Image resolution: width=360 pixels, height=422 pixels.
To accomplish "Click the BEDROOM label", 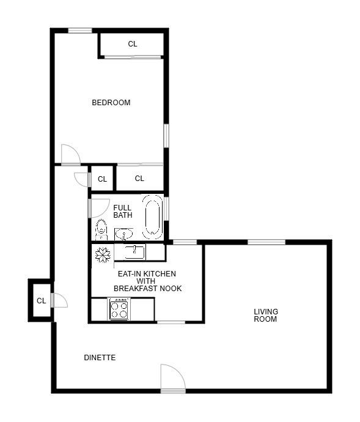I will click(x=111, y=102).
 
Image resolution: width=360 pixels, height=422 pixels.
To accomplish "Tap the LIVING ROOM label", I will click(x=265, y=315).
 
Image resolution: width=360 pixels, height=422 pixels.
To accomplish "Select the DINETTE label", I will click(x=100, y=357).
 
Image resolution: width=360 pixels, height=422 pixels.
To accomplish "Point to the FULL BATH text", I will click(x=122, y=212).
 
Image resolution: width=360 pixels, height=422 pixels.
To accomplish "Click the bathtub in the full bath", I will click(x=152, y=217).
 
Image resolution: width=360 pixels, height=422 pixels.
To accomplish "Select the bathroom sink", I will click(x=123, y=234).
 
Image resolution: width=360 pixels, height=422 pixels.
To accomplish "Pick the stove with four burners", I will click(x=119, y=308).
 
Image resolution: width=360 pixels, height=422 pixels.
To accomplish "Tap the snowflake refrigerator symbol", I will click(x=102, y=254).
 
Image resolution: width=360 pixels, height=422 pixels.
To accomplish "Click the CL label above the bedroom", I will click(x=133, y=44).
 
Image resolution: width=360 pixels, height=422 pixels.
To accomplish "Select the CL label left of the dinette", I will click(x=41, y=300).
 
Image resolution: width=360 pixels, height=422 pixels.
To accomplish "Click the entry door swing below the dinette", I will click(x=172, y=379).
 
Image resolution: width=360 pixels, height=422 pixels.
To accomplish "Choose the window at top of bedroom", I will click(x=79, y=30).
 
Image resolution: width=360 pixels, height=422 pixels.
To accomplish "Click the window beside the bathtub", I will click(x=166, y=208).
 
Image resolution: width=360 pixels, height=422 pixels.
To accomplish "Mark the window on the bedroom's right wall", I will click(x=166, y=135).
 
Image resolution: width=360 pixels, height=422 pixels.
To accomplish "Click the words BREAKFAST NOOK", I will click(x=147, y=288).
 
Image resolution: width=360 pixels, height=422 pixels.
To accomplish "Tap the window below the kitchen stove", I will click(x=171, y=322).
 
